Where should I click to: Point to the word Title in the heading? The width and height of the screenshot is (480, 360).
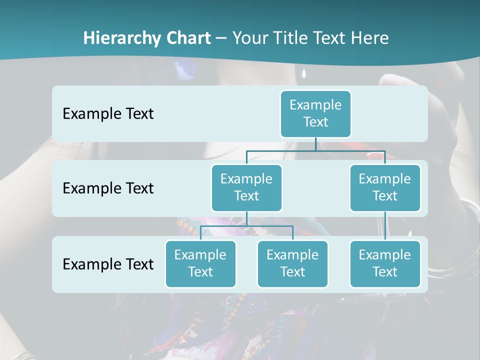click(x=290, y=38)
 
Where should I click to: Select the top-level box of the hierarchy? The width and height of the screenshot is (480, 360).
click(x=315, y=113)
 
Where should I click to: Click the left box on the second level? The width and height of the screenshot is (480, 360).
click(x=246, y=187)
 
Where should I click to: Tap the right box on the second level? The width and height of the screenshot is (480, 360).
click(x=385, y=187)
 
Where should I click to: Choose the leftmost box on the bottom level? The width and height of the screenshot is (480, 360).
click(x=200, y=263)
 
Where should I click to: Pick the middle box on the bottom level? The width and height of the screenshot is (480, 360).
click(x=292, y=263)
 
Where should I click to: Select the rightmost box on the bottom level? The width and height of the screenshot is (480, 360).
click(x=385, y=263)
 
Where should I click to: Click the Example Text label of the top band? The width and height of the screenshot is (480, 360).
click(x=108, y=113)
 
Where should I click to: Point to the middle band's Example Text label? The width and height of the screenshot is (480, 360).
click(x=108, y=188)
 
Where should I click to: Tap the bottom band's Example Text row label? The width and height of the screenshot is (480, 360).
click(x=108, y=264)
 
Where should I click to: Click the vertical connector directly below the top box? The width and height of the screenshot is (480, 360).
click(x=315, y=144)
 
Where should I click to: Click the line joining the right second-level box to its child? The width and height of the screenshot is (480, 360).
click(x=385, y=226)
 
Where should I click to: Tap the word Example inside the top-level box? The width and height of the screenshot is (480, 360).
click(x=315, y=105)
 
